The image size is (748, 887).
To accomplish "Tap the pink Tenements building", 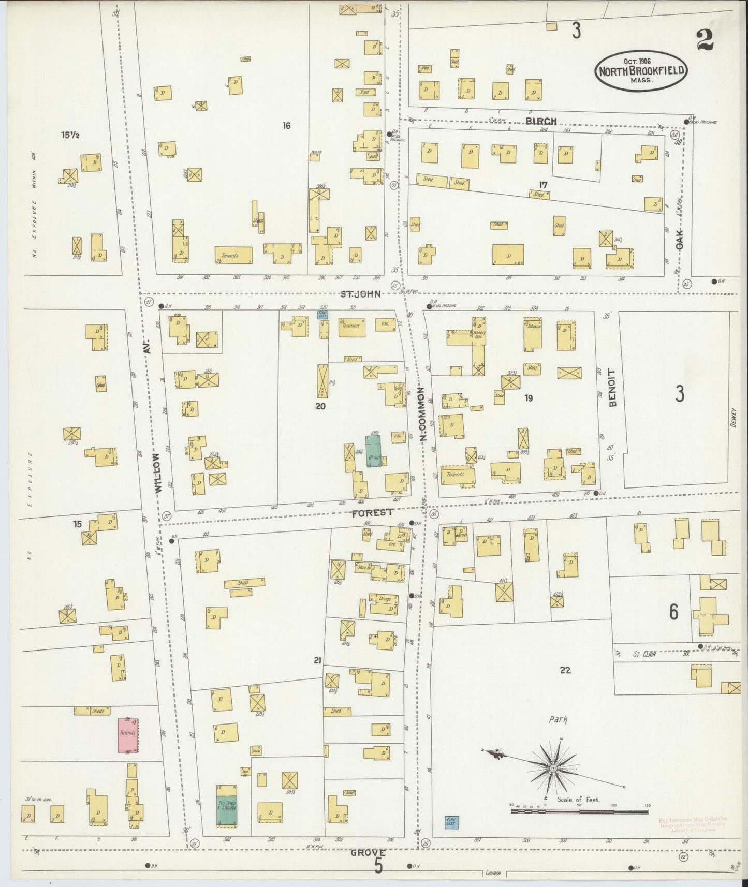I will (128, 734).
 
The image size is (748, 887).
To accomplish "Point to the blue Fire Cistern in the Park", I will (451, 822).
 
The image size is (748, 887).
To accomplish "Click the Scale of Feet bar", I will (578, 811).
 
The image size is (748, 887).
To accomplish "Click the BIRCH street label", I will (541, 121).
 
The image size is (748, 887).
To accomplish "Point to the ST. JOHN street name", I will (360, 294).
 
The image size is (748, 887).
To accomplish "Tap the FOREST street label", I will (373, 513).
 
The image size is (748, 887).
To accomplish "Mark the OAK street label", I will (679, 239).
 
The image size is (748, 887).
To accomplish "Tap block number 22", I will (565, 670).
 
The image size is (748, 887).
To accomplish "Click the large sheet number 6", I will (673, 612).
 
